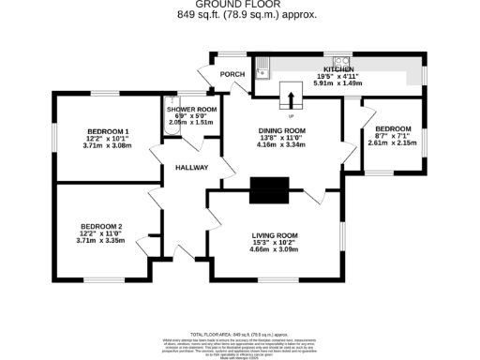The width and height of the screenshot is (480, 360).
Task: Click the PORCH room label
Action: [x=232, y=75]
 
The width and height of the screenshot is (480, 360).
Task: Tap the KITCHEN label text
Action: [x=338, y=69]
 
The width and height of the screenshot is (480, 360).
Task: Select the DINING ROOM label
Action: [x=282, y=130]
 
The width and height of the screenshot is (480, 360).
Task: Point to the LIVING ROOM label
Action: [x=275, y=235]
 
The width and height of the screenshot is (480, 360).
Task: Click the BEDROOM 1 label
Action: [x=108, y=130]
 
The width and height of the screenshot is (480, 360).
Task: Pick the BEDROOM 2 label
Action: [x=101, y=226]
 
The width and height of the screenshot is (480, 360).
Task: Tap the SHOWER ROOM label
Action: [x=191, y=110]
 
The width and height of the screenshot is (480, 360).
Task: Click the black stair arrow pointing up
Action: [x=292, y=97]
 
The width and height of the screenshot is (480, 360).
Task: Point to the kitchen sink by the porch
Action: [x=263, y=66]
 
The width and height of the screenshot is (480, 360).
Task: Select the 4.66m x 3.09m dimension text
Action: [x=275, y=250]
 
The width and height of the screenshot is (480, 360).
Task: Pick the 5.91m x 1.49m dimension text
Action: [x=338, y=83]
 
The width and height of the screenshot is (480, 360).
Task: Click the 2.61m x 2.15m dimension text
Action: [x=392, y=143]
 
